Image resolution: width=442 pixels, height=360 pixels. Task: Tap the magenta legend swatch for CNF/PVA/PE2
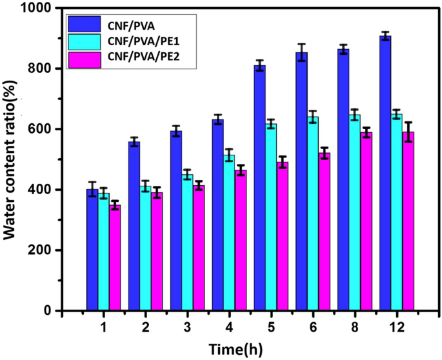point(84,60)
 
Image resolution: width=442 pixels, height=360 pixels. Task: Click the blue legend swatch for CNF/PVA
point(84,25)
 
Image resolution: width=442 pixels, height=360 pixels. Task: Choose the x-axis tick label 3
point(187,328)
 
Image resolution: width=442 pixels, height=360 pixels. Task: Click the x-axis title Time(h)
point(236,349)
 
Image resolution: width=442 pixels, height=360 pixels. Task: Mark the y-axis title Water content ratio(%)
point(11,159)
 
